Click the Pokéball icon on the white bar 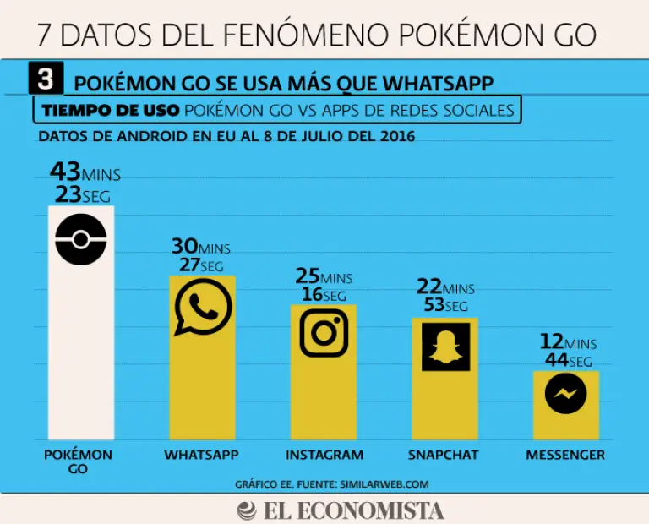(80, 239)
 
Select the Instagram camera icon (324, 331)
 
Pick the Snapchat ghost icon (444, 346)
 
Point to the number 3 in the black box (46, 79)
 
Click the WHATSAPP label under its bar (201, 455)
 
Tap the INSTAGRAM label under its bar (324, 455)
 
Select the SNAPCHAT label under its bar (444, 455)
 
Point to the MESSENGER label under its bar (565, 455)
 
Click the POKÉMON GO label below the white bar (78, 461)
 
